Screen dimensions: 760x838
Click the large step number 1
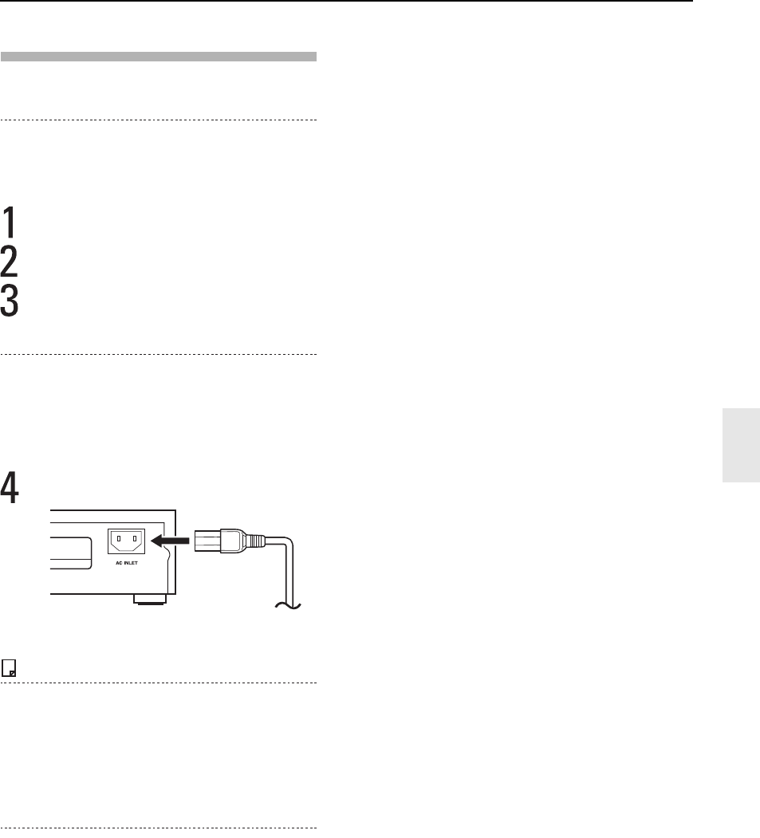click(x=9, y=222)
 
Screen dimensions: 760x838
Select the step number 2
click(x=9, y=262)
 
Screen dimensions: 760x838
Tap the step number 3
click(x=9, y=301)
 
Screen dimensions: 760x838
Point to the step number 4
click(x=9, y=487)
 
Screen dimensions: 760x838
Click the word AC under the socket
click(x=119, y=563)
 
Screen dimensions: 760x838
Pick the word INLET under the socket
click(x=131, y=563)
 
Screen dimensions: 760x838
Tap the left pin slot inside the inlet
click(x=119, y=539)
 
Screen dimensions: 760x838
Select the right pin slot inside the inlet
click(x=135, y=539)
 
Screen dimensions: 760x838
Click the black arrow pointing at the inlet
click(x=170, y=541)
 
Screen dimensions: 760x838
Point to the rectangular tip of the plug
click(x=207, y=541)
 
